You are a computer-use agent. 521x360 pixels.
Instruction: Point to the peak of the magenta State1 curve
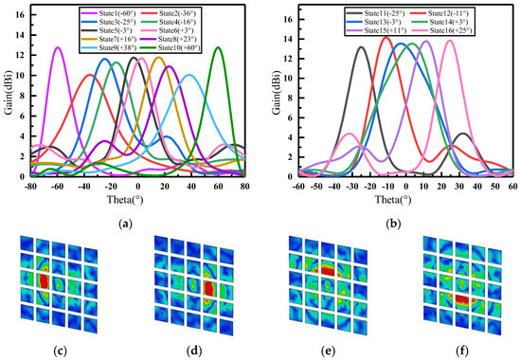[x=58, y=47]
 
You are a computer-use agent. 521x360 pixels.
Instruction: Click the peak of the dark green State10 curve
[x=219, y=47]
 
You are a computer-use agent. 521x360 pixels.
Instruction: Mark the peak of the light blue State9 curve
[x=190, y=74]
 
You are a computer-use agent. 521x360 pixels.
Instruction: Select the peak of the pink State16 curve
[x=450, y=40]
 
